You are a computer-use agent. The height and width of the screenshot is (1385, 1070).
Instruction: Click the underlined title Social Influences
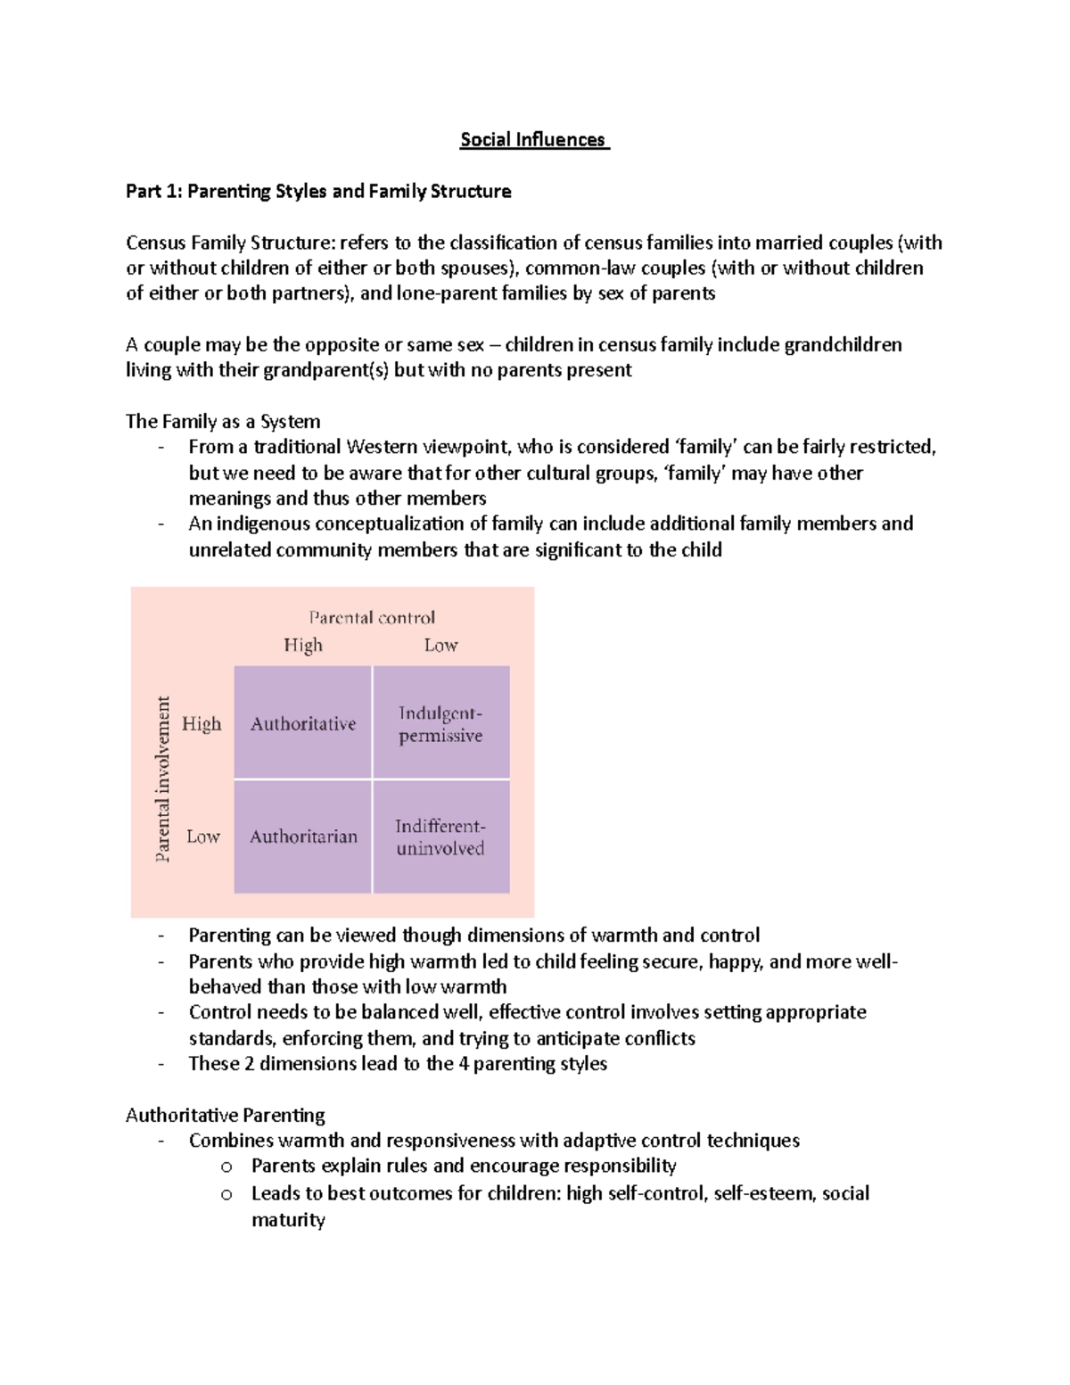click(x=534, y=140)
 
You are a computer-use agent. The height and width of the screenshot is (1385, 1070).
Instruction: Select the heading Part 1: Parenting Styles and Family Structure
click(x=318, y=192)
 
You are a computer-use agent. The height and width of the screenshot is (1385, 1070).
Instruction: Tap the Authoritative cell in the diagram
click(x=302, y=723)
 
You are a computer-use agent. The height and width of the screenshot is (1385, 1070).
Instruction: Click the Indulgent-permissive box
click(x=440, y=723)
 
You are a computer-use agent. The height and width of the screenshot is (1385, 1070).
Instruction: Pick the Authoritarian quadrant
click(x=302, y=837)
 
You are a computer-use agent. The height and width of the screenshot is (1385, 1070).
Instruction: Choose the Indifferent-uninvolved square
click(x=440, y=837)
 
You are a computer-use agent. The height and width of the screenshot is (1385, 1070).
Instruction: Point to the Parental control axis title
click(x=372, y=617)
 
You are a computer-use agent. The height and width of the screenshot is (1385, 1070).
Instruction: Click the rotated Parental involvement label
click(x=162, y=779)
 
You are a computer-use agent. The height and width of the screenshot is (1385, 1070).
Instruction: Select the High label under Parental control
click(x=303, y=645)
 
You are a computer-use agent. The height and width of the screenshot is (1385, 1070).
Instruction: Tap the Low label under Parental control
click(x=440, y=645)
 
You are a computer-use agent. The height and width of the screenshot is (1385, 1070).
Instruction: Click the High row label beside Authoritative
click(x=202, y=723)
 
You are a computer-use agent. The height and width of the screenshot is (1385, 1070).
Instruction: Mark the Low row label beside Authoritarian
click(x=202, y=837)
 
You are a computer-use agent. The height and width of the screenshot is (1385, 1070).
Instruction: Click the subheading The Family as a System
click(x=223, y=421)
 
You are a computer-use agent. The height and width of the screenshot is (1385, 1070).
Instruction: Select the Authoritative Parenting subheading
click(x=226, y=1115)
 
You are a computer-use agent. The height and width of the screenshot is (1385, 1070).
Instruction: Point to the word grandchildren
click(x=843, y=345)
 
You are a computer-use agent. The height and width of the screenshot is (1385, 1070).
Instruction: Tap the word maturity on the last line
click(x=288, y=1219)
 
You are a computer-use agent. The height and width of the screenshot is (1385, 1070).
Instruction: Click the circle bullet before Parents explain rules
click(x=226, y=1167)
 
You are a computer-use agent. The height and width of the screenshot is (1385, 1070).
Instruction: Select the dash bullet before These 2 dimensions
click(x=160, y=1064)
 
